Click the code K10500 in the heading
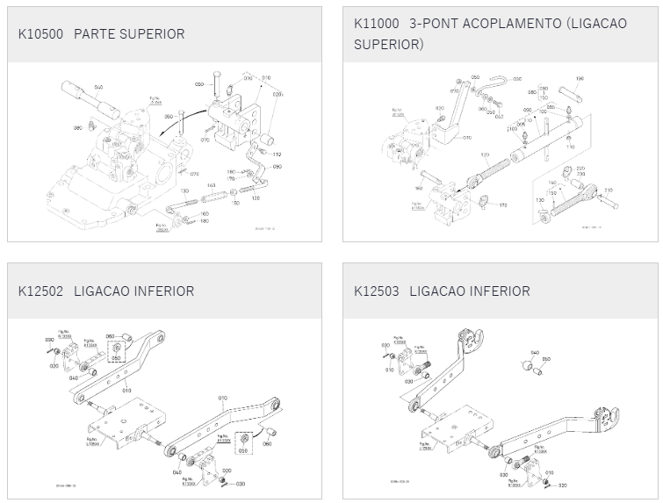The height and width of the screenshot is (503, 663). tap(40, 33)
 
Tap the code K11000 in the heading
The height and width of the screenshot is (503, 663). tap(376, 23)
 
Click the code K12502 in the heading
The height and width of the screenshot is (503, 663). tap(40, 291)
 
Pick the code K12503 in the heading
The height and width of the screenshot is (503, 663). tap(376, 291)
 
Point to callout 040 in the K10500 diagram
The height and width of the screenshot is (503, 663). tap(98, 88)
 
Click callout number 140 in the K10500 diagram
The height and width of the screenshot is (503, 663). tap(212, 185)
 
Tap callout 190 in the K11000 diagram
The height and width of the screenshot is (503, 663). tap(579, 80)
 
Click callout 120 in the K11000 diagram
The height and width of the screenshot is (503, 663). tap(484, 155)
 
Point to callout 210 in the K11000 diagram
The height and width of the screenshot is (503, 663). tap(608, 190)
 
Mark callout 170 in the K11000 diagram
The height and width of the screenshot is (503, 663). tap(503, 205)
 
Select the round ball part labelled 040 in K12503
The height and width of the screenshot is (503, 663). tap(532, 362)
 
